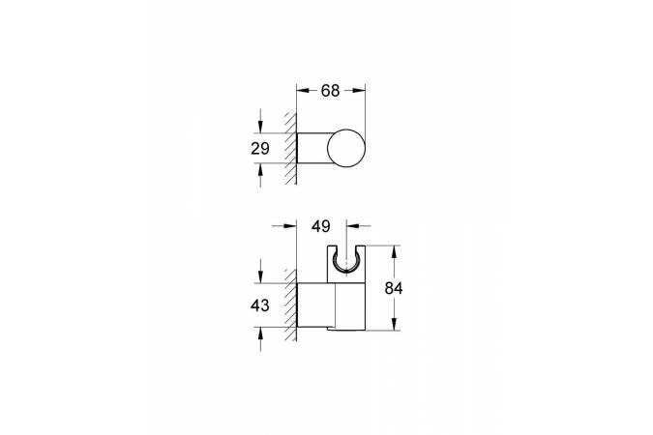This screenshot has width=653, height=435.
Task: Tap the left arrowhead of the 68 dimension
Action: pyautogui.click(x=303, y=91)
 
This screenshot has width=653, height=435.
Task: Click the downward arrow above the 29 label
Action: pyautogui.click(x=260, y=127)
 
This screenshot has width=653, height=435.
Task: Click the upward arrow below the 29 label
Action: pyautogui.click(x=260, y=171)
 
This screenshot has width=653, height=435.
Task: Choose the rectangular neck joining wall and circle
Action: pyautogui.click(x=312, y=150)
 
